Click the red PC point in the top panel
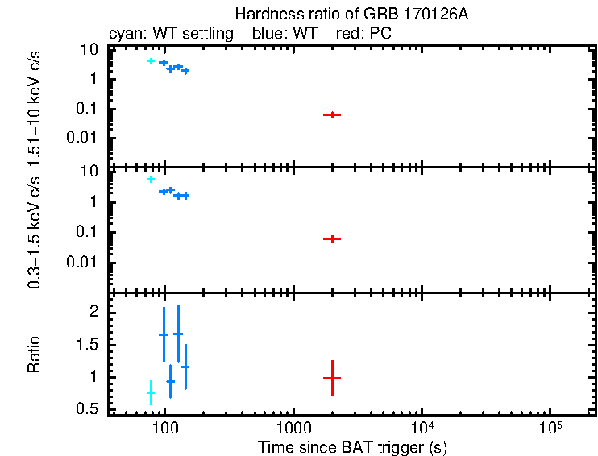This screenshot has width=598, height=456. [332, 115]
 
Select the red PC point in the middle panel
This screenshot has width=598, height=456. [332, 238]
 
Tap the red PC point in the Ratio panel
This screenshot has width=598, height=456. [332, 377]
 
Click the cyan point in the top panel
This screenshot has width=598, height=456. [151, 61]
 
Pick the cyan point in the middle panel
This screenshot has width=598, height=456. [151, 180]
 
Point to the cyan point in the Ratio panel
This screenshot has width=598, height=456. [151, 392]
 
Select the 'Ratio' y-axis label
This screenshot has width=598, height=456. [35, 354]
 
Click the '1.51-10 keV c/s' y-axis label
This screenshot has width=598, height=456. [35, 109]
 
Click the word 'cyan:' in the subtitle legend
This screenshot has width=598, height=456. [123, 35]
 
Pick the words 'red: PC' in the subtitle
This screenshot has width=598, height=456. [369, 35]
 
